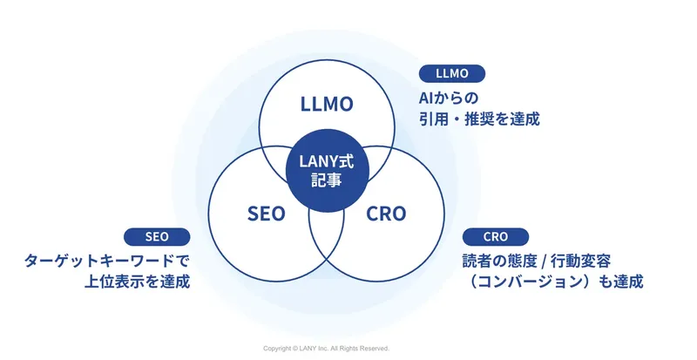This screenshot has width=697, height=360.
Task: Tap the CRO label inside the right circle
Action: [x=385, y=214]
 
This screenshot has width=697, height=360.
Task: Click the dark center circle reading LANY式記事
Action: [x=327, y=170]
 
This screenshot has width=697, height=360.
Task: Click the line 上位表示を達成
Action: [x=133, y=282]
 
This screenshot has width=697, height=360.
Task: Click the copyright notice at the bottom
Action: [x=326, y=347]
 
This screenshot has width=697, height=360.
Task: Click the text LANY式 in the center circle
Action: [x=327, y=160]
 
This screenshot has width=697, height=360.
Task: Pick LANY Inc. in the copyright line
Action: [x=321, y=347]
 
